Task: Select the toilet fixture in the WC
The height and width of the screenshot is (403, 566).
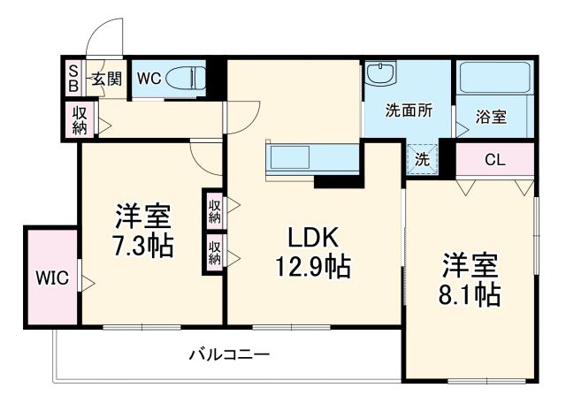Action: click(183, 77)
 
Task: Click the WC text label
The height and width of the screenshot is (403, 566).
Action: click(148, 78)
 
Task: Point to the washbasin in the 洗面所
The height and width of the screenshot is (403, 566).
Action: click(381, 73)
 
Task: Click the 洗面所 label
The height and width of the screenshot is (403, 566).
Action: click(408, 112)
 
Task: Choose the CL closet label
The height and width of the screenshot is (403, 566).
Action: click(494, 161)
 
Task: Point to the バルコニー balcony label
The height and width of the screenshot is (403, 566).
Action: click(229, 354)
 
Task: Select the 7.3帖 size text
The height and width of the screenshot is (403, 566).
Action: click(142, 245)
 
